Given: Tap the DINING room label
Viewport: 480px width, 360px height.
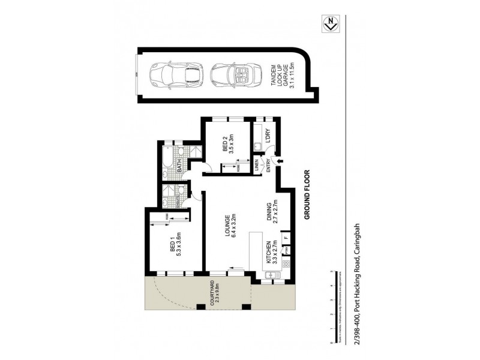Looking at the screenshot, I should click(274, 211).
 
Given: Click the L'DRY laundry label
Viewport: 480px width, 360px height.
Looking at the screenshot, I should click(270, 136).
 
